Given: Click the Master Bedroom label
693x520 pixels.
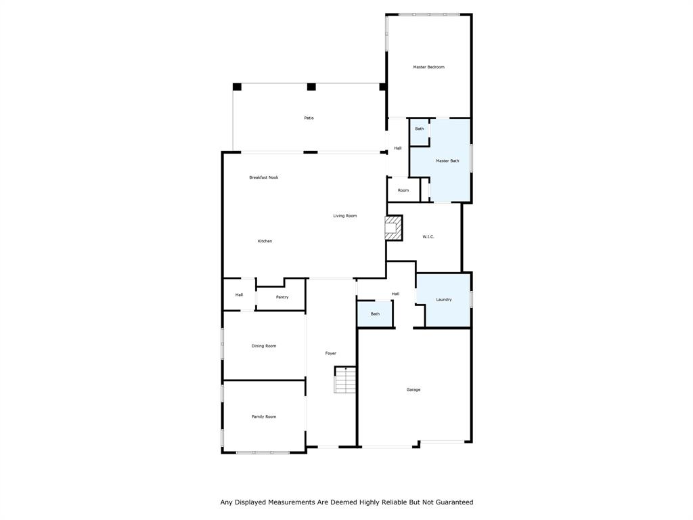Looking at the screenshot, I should pyautogui.click(x=429, y=67).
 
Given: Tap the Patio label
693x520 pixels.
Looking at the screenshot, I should pyautogui.click(x=309, y=118).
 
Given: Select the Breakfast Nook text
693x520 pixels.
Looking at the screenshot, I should pyautogui.click(x=263, y=177).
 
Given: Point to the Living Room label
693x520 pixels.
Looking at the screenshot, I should pyautogui.click(x=344, y=216).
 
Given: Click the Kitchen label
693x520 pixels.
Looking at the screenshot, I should pyautogui.click(x=265, y=241).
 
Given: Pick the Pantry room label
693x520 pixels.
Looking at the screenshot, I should pyautogui.click(x=282, y=297).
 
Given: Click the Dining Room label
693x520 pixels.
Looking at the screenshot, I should pyautogui.click(x=264, y=346).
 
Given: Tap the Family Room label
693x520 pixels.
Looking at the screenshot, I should pyautogui.click(x=264, y=416).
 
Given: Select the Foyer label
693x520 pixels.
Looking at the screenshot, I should pyautogui.click(x=330, y=353).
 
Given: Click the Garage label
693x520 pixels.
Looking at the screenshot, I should pyautogui.click(x=413, y=389).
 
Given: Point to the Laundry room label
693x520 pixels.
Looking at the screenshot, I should pyautogui.click(x=443, y=299).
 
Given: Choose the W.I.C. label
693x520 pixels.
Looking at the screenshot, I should pyautogui.click(x=428, y=236).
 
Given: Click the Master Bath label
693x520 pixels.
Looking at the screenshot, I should pyautogui.click(x=447, y=160).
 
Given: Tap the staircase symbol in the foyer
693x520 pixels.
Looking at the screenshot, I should pyautogui.click(x=345, y=381).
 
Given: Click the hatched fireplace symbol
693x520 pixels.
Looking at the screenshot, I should pyautogui.click(x=393, y=227).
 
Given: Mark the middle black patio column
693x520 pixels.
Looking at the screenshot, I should pyautogui.click(x=311, y=87).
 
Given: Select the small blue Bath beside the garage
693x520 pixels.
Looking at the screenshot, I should pyautogui.click(x=375, y=314).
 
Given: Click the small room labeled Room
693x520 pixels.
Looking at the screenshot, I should pyautogui.click(x=403, y=190).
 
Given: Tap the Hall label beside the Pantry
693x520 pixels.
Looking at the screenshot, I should pyautogui.click(x=239, y=295).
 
